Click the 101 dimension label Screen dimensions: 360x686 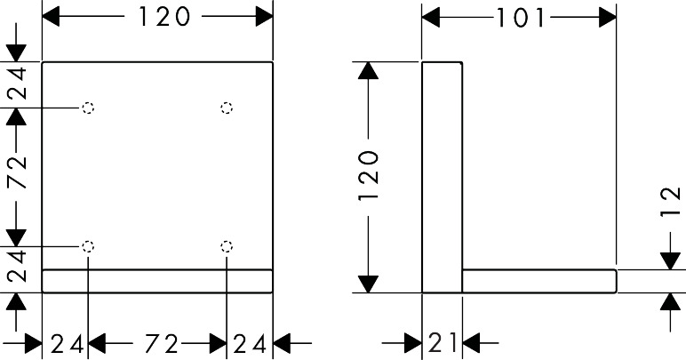click(x=519, y=18)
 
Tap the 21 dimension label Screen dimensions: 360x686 click(x=441, y=341)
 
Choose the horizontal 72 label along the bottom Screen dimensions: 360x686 click(x=158, y=341)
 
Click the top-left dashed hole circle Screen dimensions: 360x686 click(x=87, y=108)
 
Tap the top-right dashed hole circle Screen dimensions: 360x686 click(x=227, y=108)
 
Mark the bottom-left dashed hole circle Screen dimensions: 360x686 click(x=87, y=246)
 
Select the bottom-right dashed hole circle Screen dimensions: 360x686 click(x=227, y=246)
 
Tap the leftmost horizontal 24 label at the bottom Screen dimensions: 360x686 click(x=66, y=341)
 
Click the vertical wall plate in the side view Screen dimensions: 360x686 click(x=442, y=176)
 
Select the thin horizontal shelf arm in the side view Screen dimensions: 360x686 click(x=538, y=280)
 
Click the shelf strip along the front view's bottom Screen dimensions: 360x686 click(x=157, y=280)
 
